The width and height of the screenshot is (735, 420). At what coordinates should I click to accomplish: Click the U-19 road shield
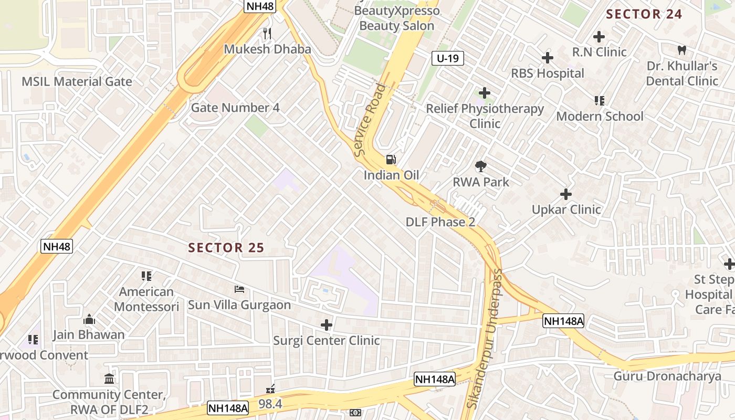pyautogui.click(x=448, y=58)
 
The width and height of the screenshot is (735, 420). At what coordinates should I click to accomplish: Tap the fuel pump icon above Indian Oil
pyautogui.click(x=391, y=160)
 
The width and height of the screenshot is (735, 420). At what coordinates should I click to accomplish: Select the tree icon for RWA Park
pyautogui.click(x=480, y=167)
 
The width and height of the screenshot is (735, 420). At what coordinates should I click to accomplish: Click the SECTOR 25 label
pyautogui.click(x=226, y=248)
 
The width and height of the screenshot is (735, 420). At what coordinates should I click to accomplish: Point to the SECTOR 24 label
pyautogui.click(x=644, y=14)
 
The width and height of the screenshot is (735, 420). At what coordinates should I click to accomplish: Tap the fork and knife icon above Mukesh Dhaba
pyautogui.click(x=267, y=34)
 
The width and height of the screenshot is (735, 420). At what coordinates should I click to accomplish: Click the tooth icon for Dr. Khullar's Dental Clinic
pyautogui.click(x=682, y=50)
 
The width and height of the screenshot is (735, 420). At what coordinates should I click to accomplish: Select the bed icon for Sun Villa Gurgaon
pyautogui.click(x=239, y=289)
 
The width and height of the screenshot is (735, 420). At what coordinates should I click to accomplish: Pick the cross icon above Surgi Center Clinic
pyautogui.click(x=327, y=325)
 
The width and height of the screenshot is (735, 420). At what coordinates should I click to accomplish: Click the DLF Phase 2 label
pyautogui.click(x=440, y=222)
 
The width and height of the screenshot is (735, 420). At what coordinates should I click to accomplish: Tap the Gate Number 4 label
pyautogui.click(x=235, y=108)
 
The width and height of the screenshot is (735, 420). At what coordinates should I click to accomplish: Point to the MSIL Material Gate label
pyautogui.click(x=77, y=81)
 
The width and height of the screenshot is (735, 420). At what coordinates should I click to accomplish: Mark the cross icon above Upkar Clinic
pyautogui.click(x=566, y=194)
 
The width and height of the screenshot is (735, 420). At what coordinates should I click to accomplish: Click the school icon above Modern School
pyautogui.click(x=599, y=100)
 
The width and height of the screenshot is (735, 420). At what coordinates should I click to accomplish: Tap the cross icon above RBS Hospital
pyautogui.click(x=548, y=58)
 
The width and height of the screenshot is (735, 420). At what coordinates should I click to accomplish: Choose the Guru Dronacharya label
pyautogui.click(x=667, y=376)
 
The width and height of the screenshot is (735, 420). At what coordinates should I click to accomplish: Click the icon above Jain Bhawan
pyautogui.click(x=89, y=319)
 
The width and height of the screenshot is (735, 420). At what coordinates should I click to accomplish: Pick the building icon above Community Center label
pyautogui.click(x=109, y=379)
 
